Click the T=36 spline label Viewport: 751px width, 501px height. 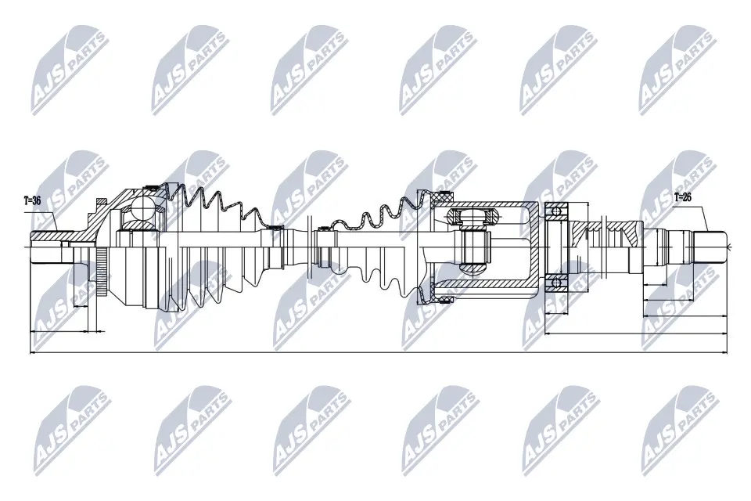pos(32,201)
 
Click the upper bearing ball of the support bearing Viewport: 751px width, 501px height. pos(556,210)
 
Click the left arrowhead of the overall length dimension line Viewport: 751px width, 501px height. pos(32,353)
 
